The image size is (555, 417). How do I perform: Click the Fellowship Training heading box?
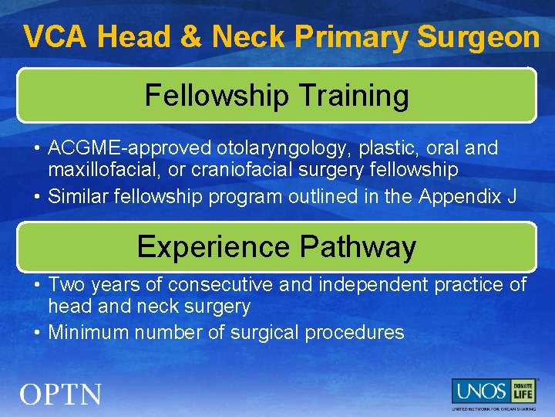[x=277, y=96]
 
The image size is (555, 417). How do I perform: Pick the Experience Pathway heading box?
[x=277, y=246]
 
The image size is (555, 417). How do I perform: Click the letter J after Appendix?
[x=512, y=197]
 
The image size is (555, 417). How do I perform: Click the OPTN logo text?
[x=61, y=395]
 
